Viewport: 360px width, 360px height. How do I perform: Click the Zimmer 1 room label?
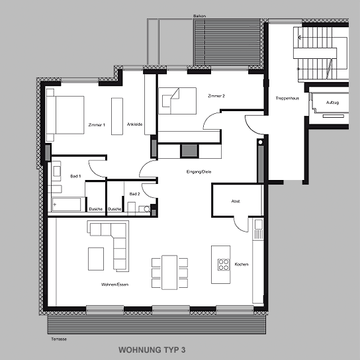97,125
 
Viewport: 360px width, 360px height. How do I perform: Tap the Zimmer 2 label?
216,96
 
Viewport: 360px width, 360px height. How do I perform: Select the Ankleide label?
134,124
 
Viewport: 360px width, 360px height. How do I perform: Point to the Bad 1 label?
75,176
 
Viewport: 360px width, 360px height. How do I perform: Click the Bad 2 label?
134,194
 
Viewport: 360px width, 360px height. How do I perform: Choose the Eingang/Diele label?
199,172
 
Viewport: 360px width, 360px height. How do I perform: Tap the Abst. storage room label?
236,201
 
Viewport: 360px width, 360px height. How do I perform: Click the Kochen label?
242,264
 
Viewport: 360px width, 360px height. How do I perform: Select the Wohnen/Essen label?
114,285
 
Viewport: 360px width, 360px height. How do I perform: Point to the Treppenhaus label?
287,98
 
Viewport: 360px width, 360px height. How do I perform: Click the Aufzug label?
332,103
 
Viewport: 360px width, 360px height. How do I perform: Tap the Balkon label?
199,16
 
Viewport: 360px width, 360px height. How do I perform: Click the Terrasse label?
59,339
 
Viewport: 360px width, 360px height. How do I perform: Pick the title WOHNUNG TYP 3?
152,350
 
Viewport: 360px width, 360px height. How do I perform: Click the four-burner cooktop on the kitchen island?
224,265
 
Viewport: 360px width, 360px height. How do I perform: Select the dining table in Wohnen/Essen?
169,272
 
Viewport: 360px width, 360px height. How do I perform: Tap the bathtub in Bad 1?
66,204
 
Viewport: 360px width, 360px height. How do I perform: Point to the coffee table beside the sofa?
96,259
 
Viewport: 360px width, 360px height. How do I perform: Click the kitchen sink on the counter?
258,224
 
